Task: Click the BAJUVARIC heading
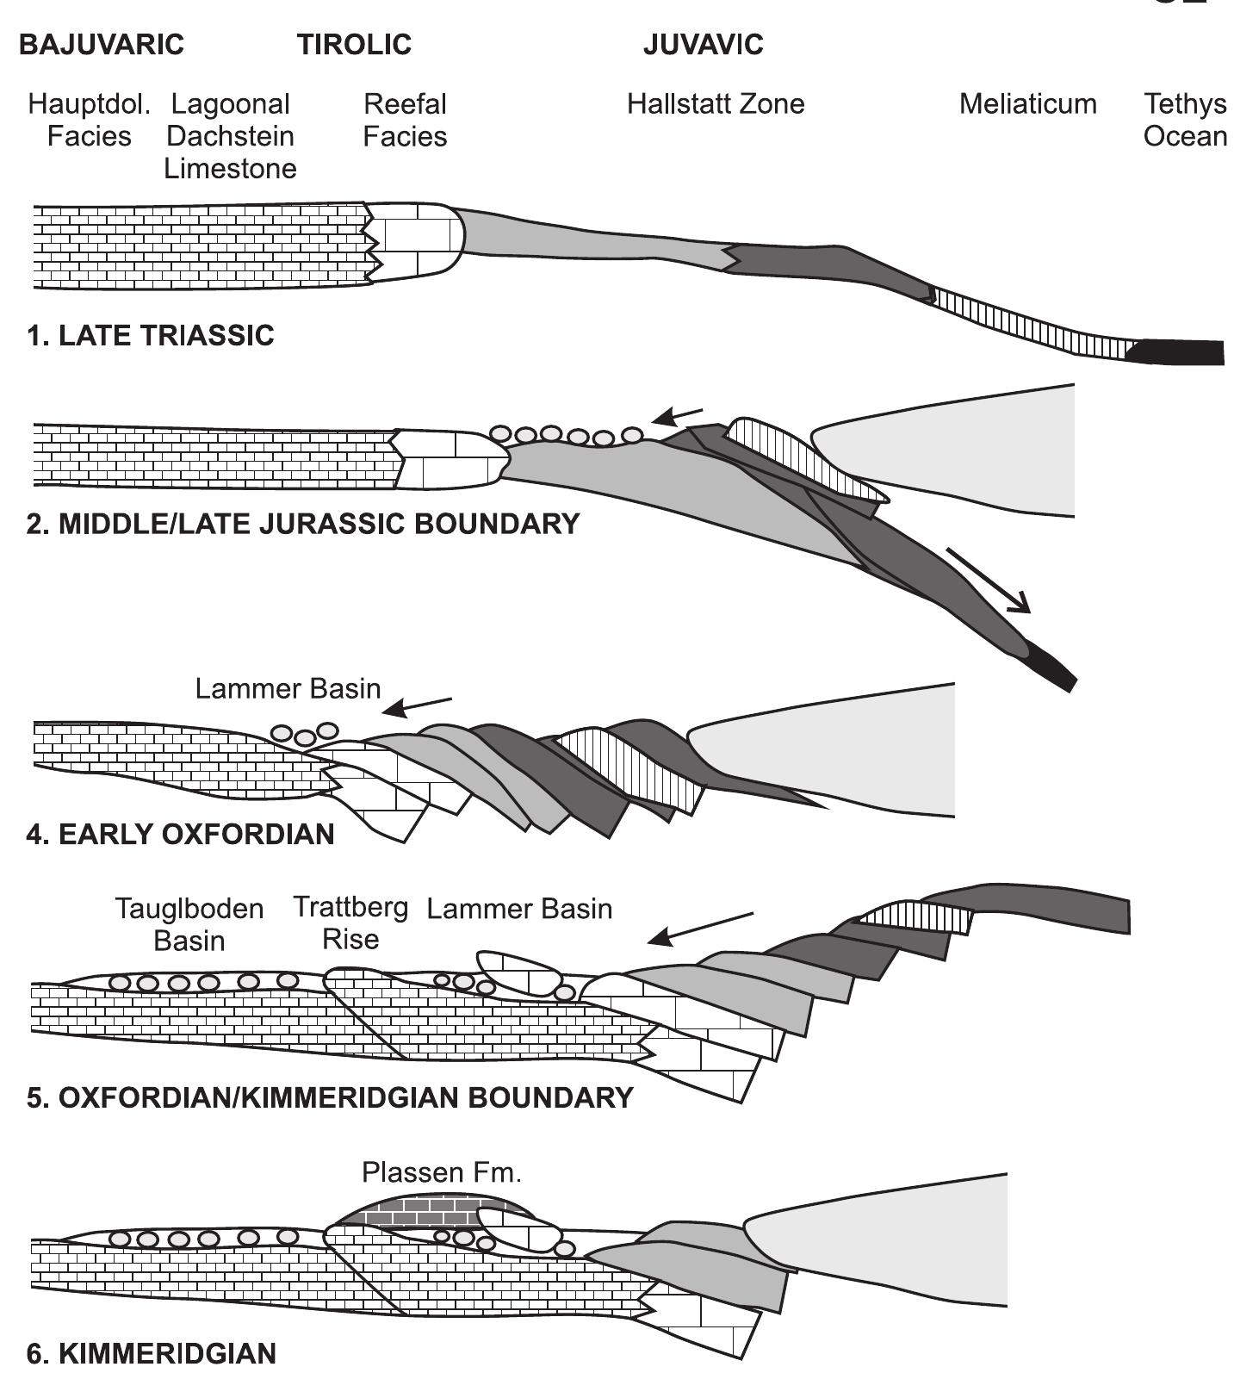point(102,45)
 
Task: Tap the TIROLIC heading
point(354,45)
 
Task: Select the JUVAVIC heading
point(703,45)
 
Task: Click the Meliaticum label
point(1027,105)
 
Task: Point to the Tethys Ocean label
point(1185,121)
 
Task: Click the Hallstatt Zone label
point(715,105)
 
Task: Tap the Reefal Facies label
point(405,121)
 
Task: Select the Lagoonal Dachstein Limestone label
point(230,136)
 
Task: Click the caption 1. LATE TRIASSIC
point(150,335)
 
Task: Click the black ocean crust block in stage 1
point(1178,352)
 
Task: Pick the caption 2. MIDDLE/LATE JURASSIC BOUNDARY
point(302,524)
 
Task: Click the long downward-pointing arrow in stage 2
point(989,581)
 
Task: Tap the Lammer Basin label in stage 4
point(288,689)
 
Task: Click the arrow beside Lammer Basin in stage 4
point(417,706)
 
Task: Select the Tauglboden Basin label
point(189,924)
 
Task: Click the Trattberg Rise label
point(350,923)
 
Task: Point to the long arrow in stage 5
point(701,929)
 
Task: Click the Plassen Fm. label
point(441,1172)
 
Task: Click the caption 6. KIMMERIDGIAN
point(151,1353)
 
